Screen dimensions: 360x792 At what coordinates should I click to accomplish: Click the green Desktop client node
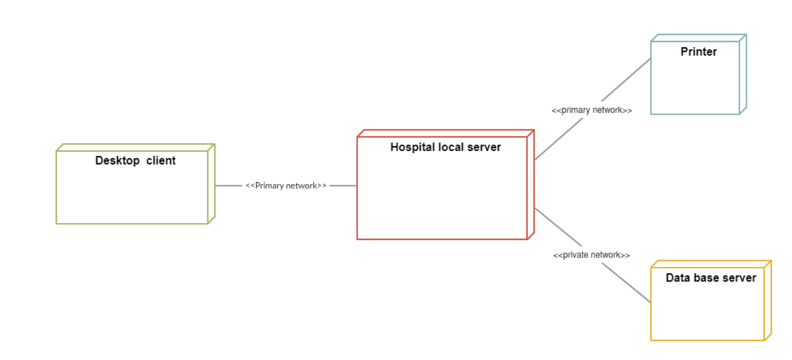pos(133,191)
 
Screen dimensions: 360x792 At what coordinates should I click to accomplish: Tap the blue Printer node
pos(695,82)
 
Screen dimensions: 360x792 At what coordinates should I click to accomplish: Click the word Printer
pos(698,52)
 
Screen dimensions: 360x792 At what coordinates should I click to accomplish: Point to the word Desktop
pos(117,161)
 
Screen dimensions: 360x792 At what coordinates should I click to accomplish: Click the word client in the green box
pos(161,161)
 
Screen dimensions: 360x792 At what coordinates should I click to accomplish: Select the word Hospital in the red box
pos(413,147)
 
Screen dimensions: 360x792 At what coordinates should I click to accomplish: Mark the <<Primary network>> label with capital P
pos(286,185)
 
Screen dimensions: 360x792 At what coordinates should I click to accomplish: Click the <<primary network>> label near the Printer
pos(592,110)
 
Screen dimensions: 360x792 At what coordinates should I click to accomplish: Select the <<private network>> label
pos(592,255)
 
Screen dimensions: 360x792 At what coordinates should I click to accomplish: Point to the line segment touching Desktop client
pos(228,185)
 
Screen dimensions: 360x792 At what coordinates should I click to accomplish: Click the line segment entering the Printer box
pos(627,79)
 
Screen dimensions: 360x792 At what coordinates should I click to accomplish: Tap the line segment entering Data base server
pos(627,283)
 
